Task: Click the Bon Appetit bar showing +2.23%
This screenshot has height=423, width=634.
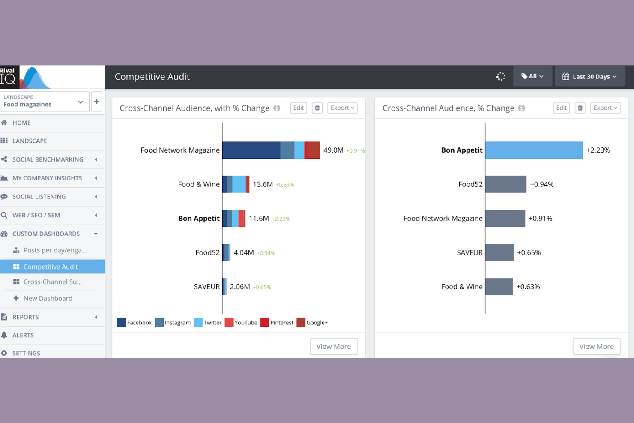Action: point(534,150)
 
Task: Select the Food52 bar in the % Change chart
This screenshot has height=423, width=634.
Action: point(505,184)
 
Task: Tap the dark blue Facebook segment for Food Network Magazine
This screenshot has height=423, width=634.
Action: point(251,150)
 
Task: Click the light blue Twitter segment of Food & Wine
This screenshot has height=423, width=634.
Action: point(239,184)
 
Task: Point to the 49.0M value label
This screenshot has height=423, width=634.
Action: point(333,150)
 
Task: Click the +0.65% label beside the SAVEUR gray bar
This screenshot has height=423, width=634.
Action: point(529,253)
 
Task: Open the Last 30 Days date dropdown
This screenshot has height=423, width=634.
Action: point(589,77)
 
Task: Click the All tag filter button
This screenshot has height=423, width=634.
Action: point(532,76)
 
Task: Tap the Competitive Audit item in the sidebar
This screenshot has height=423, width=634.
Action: point(51,267)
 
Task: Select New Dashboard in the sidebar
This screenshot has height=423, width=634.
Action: point(48,298)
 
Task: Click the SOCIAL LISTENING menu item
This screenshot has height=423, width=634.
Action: point(39,197)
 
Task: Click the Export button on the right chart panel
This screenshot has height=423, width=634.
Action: point(605,108)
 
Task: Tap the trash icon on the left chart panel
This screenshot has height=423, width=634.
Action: point(317,108)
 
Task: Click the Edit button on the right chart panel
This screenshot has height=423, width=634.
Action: point(561,108)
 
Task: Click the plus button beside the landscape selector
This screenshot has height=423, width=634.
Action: point(96,102)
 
